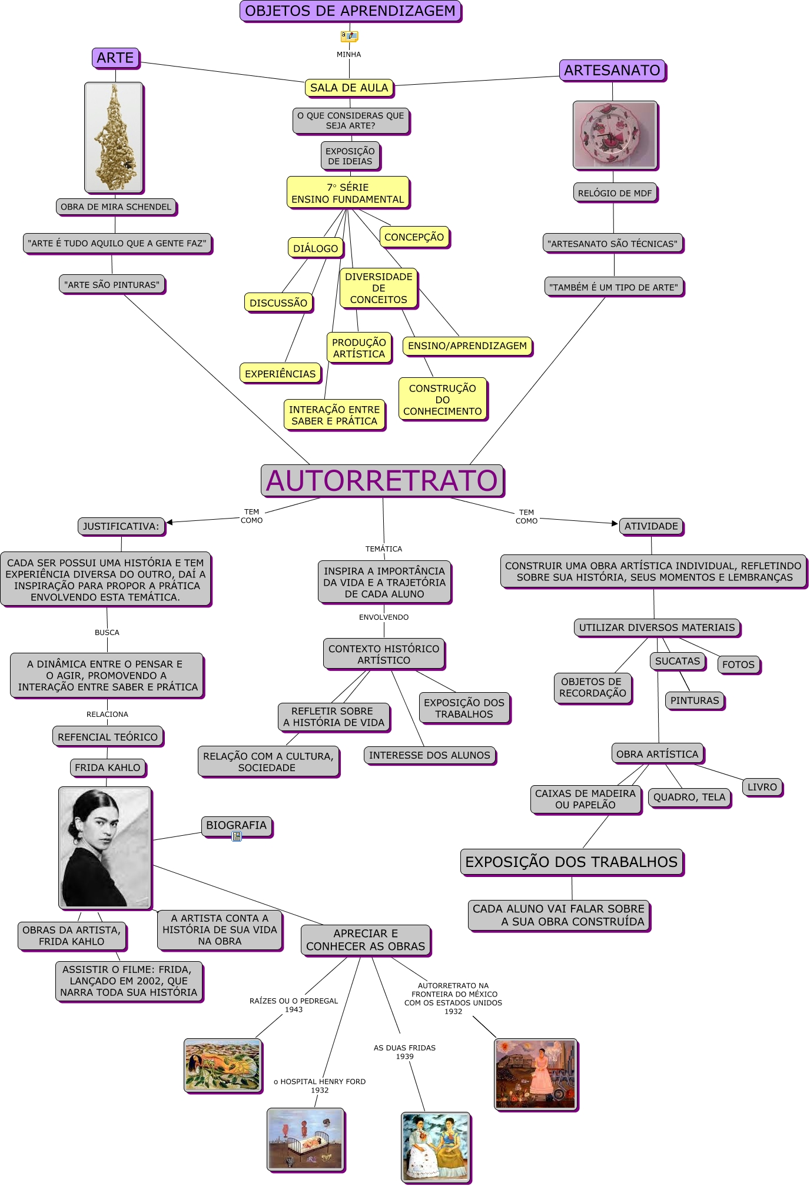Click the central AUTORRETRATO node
(x=382, y=480)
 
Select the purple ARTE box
(x=115, y=58)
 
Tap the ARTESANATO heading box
(x=612, y=70)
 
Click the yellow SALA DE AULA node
(x=349, y=88)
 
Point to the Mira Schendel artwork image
(x=114, y=137)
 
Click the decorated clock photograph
(x=615, y=135)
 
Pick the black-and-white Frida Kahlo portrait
(x=105, y=848)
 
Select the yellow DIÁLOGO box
(x=316, y=248)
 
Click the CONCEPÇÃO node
(x=414, y=237)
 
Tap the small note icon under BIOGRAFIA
(x=237, y=836)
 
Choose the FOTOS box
(x=738, y=665)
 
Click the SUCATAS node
(x=678, y=661)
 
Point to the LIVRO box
(x=762, y=787)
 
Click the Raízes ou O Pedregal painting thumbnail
(x=223, y=1065)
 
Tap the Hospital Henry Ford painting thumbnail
(x=305, y=1139)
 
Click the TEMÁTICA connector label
(x=384, y=549)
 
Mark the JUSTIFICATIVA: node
(x=121, y=526)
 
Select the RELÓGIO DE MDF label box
(x=615, y=193)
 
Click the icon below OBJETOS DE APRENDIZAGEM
(x=349, y=36)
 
